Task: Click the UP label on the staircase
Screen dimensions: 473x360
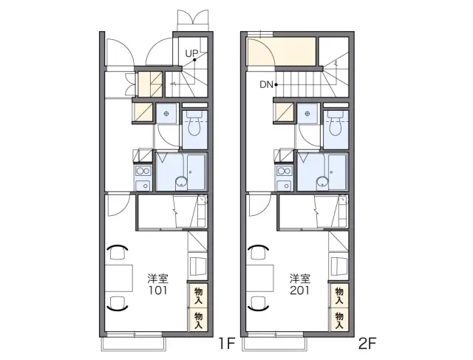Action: pyautogui.click(x=191, y=54)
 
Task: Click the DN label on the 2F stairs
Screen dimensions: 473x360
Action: pyautogui.click(x=266, y=85)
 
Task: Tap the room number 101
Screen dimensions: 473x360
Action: pyautogui.click(x=157, y=291)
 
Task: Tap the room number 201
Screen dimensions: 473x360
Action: pyautogui.click(x=299, y=291)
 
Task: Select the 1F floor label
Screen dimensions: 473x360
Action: pyautogui.click(x=227, y=344)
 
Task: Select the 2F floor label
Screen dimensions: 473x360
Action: pyautogui.click(x=367, y=344)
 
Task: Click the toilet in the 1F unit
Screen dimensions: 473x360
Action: pyautogui.click(x=194, y=125)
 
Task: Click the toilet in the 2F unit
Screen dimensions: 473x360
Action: pyautogui.click(x=336, y=125)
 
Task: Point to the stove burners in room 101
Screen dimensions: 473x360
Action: pyautogui.click(x=143, y=171)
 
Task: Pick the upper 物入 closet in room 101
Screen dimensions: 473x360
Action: pyautogui.click(x=198, y=296)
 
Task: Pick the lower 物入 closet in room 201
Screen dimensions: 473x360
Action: pyautogui.click(x=339, y=320)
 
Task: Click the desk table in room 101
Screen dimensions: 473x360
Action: pyautogui.click(x=119, y=278)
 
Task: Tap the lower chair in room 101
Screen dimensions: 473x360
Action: pyautogui.click(x=118, y=304)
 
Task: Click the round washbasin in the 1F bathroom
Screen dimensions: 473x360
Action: pyautogui.click(x=181, y=182)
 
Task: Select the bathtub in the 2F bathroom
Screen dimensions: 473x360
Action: pyautogui.click(x=338, y=172)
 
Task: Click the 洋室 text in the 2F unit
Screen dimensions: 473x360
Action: pyautogui.click(x=300, y=279)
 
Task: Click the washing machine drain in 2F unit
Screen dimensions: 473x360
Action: pyautogui.click(x=307, y=113)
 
